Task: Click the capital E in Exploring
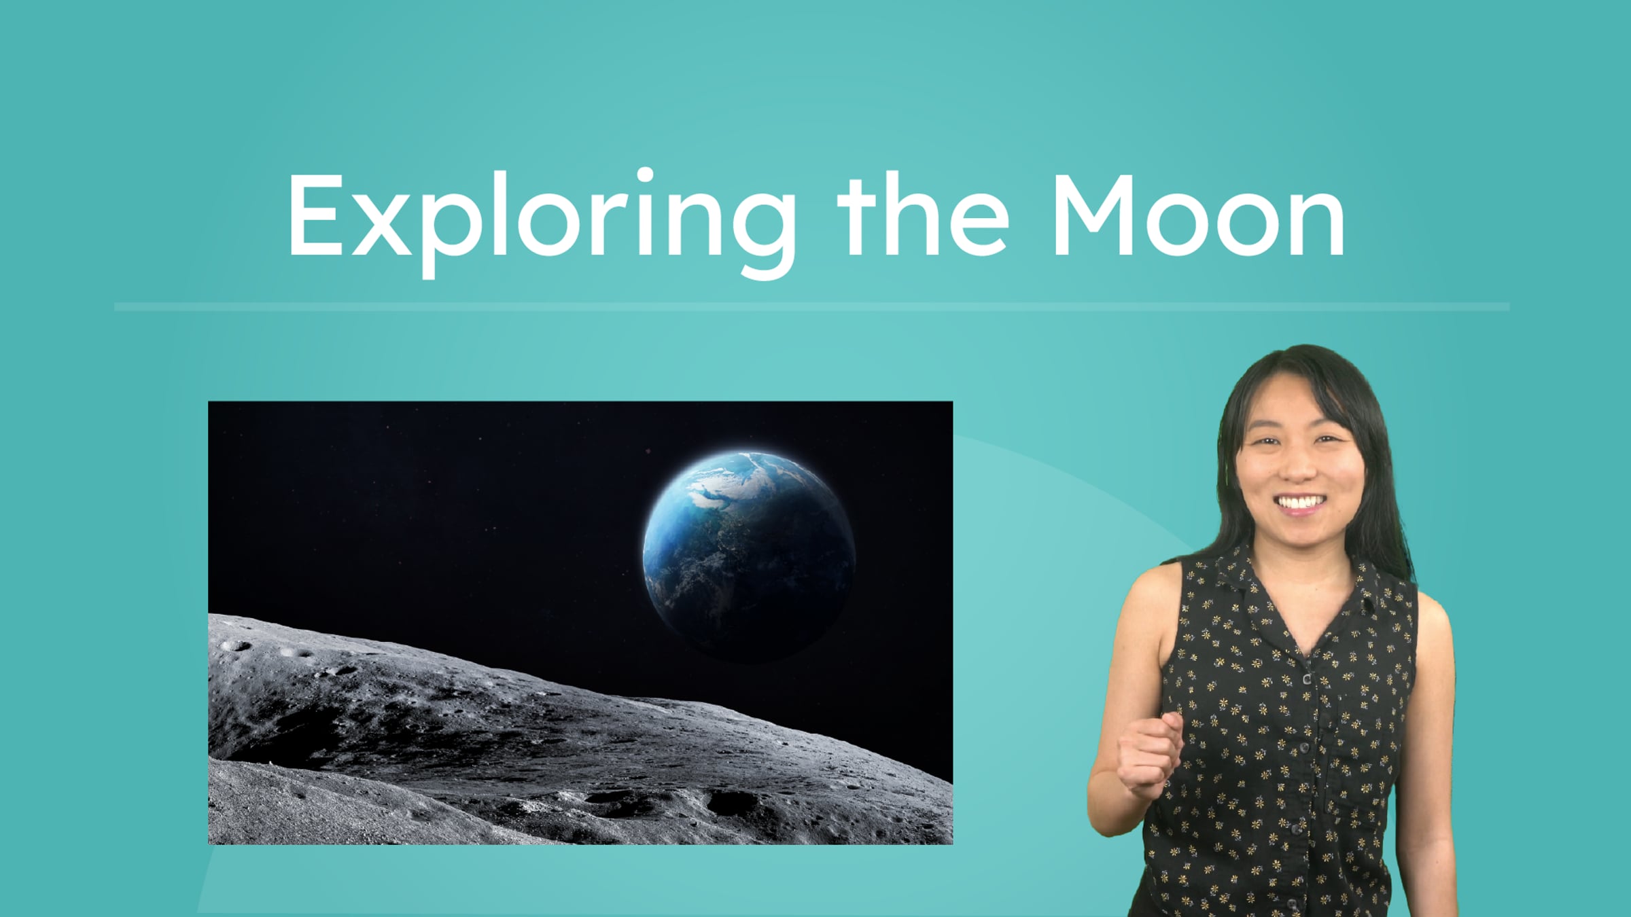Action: click(314, 216)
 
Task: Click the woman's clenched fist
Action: click(1151, 753)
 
